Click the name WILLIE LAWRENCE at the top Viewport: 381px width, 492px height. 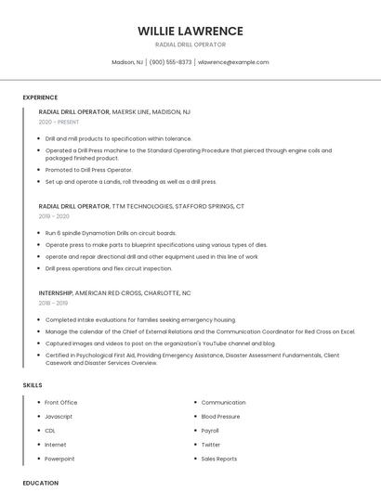coord(190,31)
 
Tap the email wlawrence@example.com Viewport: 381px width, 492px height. coord(233,62)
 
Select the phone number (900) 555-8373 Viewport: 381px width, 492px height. coord(170,62)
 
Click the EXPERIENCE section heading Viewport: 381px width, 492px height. coord(40,97)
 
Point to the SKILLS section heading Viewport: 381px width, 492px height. coord(33,384)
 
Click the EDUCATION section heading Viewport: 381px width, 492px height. coord(41,483)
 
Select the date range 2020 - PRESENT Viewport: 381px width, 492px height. coord(59,123)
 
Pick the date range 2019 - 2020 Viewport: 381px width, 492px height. coord(54,216)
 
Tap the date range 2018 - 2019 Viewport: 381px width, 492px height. coord(53,303)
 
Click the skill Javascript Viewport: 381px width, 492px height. coord(59,417)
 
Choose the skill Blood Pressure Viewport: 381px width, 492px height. coord(220,417)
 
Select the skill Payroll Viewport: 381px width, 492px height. coord(210,431)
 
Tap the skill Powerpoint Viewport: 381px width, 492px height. coord(59,459)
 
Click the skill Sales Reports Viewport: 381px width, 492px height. coord(219,459)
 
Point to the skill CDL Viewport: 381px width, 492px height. coord(50,431)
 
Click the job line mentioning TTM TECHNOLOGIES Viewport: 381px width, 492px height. coord(141,206)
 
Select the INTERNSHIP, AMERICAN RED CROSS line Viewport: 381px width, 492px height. coord(114,292)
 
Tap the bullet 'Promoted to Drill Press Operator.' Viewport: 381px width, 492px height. coord(89,170)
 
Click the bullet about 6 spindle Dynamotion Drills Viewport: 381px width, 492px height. coord(111,233)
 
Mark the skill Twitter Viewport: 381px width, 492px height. coord(211,445)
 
